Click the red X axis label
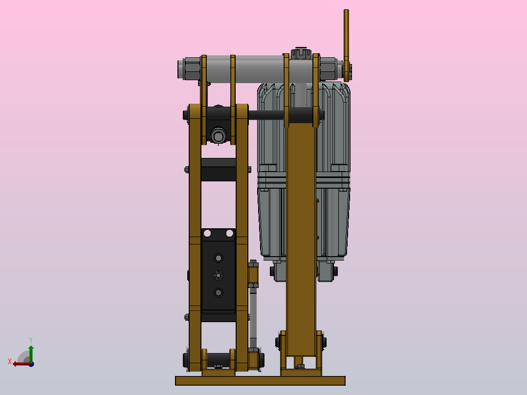(x=10, y=361)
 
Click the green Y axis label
(x=30, y=339)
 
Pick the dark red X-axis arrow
(x=20, y=363)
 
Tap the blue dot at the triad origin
(x=31, y=364)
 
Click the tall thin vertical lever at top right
(x=346, y=39)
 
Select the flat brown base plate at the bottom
(x=260, y=381)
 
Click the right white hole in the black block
(x=229, y=234)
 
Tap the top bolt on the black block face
(x=218, y=258)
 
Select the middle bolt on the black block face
(x=218, y=275)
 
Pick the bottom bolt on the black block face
(x=218, y=293)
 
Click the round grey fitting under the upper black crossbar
(x=218, y=134)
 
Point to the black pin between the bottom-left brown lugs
(x=218, y=360)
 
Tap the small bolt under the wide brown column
(x=300, y=365)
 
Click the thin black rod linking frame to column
(x=266, y=115)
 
